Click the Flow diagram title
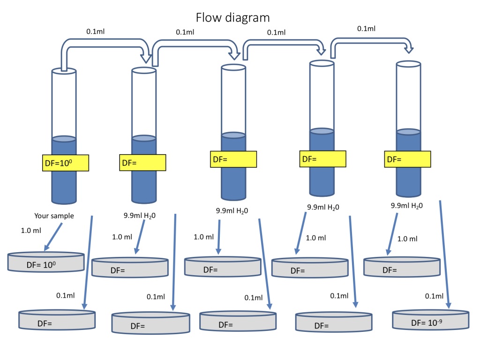point(232,18)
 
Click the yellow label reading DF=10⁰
point(65,163)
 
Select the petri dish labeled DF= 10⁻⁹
point(430,320)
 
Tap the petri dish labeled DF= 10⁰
point(46,262)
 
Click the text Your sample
point(54,216)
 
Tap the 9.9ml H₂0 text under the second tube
point(140,216)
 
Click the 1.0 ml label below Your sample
point(31,231)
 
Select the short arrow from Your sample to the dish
point(53,237)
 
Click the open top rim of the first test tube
point(64,71)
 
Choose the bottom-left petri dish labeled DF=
point(56,320)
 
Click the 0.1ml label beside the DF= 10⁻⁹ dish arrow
point(434,296)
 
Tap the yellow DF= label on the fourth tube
point(322,158)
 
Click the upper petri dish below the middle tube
point(223,267)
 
